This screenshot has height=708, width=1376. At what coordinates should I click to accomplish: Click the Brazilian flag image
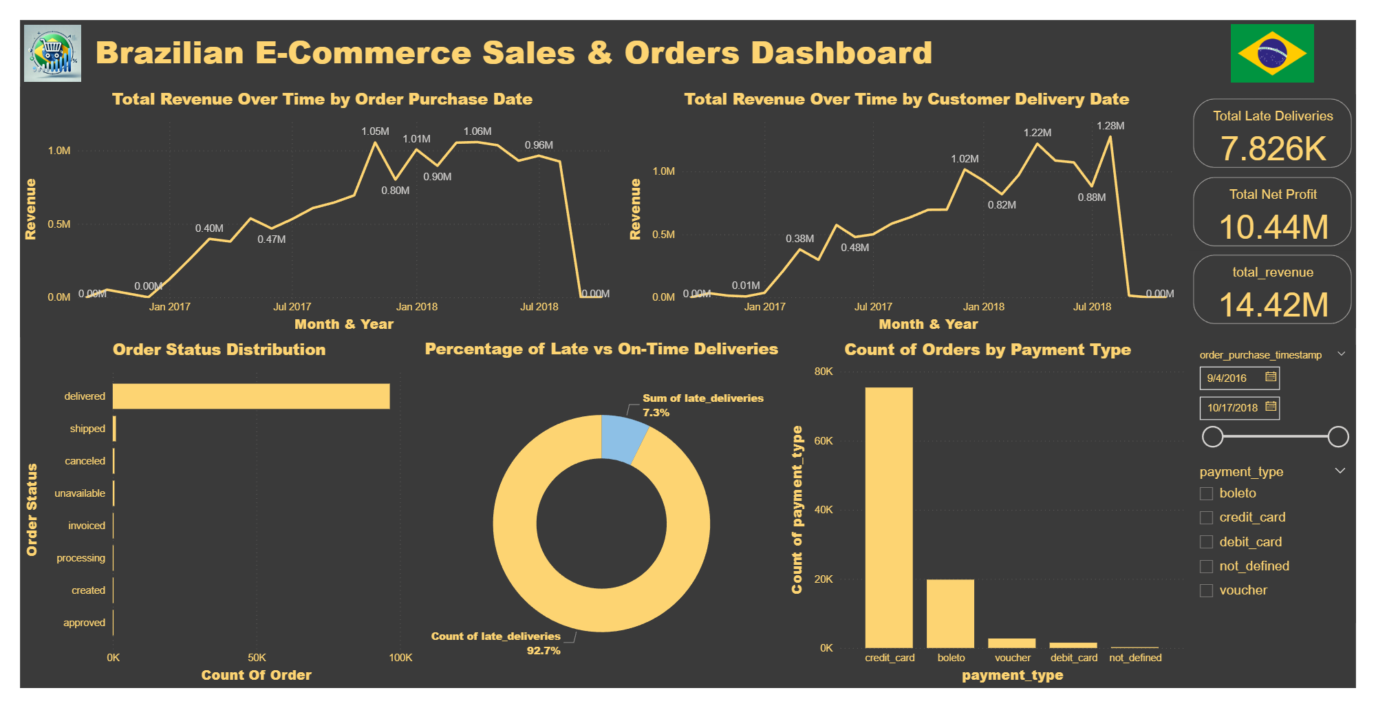(x=1272, y=54)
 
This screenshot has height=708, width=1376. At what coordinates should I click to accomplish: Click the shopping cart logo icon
(x=52, y=54)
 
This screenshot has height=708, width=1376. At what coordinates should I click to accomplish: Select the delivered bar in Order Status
(x=251, y=396)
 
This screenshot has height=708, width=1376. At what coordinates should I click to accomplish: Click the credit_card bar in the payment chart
(x=889, y=517)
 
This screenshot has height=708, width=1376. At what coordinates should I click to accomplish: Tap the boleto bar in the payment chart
(x=950, y=614)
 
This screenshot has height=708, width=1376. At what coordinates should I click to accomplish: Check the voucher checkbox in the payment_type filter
(x=1206, y=590)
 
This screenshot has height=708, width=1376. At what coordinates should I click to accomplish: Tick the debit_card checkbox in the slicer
(x=1206, y=542)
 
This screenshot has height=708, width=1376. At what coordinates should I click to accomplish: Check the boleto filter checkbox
(x=1206, y=493)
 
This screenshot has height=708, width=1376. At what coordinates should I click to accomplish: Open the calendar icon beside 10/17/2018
(x=1271, y=407)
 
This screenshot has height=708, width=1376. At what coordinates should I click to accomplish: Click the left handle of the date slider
(x=1212, y=436)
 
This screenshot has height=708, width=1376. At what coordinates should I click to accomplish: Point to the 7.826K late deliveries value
(x=1273, y=149)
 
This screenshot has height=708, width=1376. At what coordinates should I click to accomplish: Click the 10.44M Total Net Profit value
(x=1273, y=227)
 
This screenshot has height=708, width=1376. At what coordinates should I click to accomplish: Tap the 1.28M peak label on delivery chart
(x=1110, y=126)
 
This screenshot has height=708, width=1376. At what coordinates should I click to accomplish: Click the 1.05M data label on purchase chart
(x=375, y=131)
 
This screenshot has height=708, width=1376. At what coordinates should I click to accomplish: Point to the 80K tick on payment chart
(x=824, y=372)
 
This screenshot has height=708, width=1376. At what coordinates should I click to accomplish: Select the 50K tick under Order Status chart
(x=257, y=658)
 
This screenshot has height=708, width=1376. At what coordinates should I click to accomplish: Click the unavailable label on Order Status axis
(x=80, y=493)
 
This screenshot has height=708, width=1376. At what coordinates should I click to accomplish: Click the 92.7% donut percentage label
(x=544, y=651)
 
